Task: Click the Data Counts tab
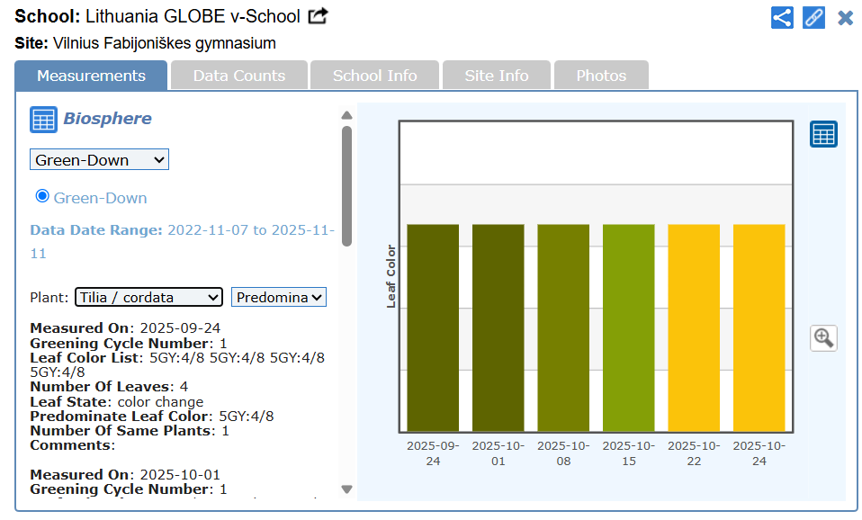click(238, 76)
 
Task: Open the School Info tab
click(374, 76)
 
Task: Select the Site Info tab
click(497, 76)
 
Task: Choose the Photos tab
click(601, 76)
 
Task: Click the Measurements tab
click(91, 76)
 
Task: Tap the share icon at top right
click(782, 17)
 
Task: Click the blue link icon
click(813, 17)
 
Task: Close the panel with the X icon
click(845, 17)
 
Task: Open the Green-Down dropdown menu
click(99, 160)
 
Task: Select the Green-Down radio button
click(42, 196)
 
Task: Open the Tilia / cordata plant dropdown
click(148, 297)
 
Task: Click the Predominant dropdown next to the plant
click(279, 297)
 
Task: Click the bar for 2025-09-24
click(433, 327)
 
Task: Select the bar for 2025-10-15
click(628, 327)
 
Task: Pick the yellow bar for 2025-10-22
click(694, 327)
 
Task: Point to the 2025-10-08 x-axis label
click(563, 453)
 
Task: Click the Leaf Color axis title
click(391, 276)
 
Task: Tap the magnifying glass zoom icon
click(823, 338)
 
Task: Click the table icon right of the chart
click(823, 134)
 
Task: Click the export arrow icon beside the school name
click(319, 16)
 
